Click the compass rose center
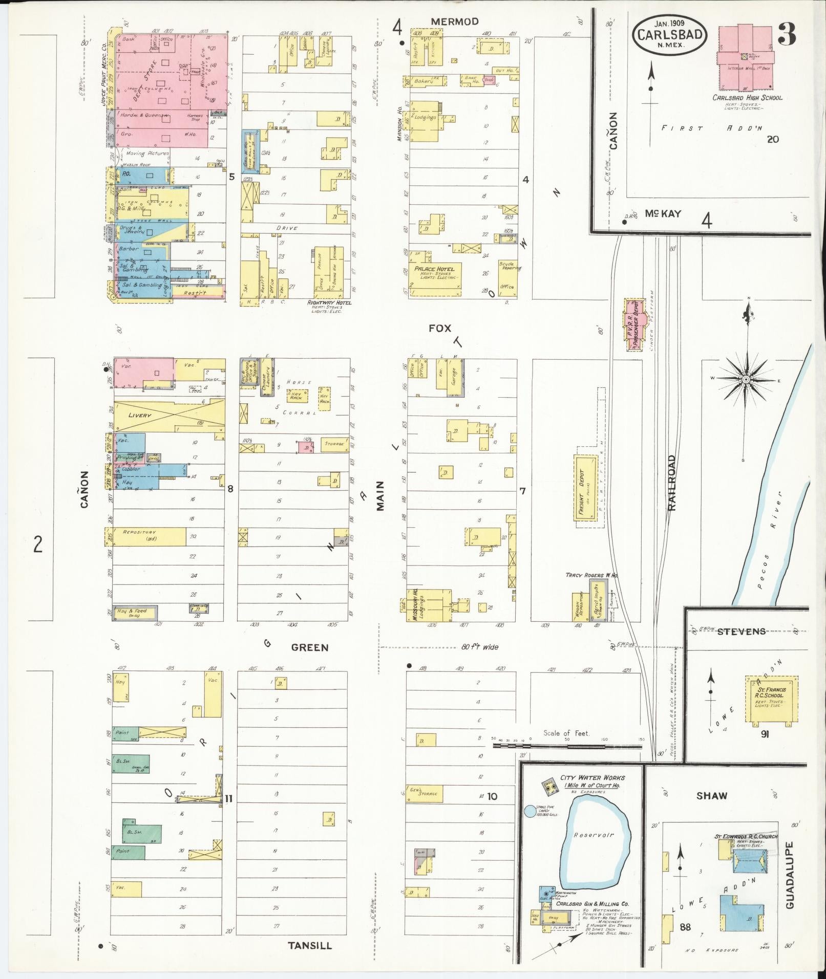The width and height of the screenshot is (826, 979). coord(746,379)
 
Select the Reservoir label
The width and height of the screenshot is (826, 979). coord(594,835)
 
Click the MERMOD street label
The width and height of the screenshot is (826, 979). coord(455,21)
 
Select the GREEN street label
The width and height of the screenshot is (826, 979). coord(309,647)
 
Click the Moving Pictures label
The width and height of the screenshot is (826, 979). coord(142,154)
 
